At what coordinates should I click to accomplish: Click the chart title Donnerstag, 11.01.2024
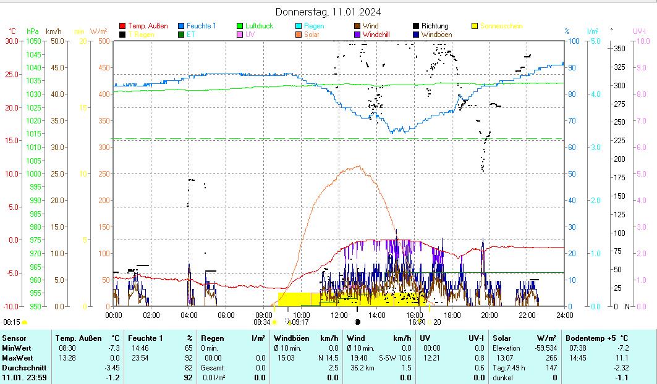328,12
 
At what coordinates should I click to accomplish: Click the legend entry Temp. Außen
147,26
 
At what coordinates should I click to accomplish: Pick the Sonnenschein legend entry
501,26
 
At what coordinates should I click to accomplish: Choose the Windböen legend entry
436,35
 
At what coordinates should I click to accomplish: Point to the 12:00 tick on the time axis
339,315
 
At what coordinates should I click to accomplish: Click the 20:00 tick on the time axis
489,315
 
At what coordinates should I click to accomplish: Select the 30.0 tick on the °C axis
12,41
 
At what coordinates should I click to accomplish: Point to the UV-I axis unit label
640,30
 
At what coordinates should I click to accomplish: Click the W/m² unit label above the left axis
98,31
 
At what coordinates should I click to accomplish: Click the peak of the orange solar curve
359,165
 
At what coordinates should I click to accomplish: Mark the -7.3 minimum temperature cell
113,348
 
